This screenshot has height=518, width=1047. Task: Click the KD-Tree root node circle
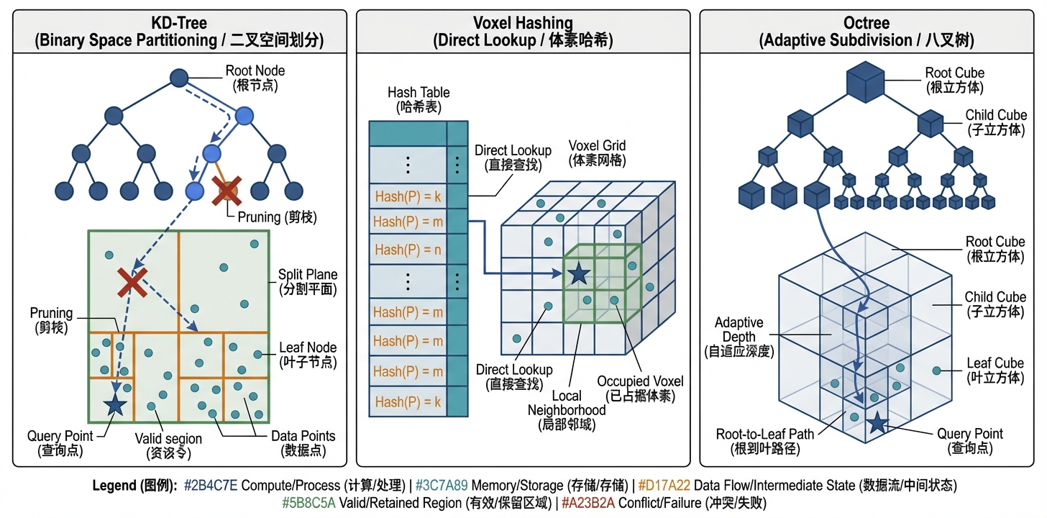coord(179,78)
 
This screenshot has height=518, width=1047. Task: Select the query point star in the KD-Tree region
coord(114,405)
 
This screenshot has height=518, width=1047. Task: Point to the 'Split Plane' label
coord(308,275)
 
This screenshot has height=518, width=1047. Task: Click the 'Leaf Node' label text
coord(308,348)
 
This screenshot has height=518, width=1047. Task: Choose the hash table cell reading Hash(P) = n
coord(408,250)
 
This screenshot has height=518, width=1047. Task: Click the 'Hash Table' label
coord(419,93)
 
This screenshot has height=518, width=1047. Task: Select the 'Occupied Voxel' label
coord(640,381)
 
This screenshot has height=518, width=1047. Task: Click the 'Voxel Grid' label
coord(597,145)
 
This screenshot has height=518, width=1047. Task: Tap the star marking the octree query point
coord(877,423)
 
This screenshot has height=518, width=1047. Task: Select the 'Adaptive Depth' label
coord(739,330)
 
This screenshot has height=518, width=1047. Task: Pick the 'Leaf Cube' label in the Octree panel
coord(995,363)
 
